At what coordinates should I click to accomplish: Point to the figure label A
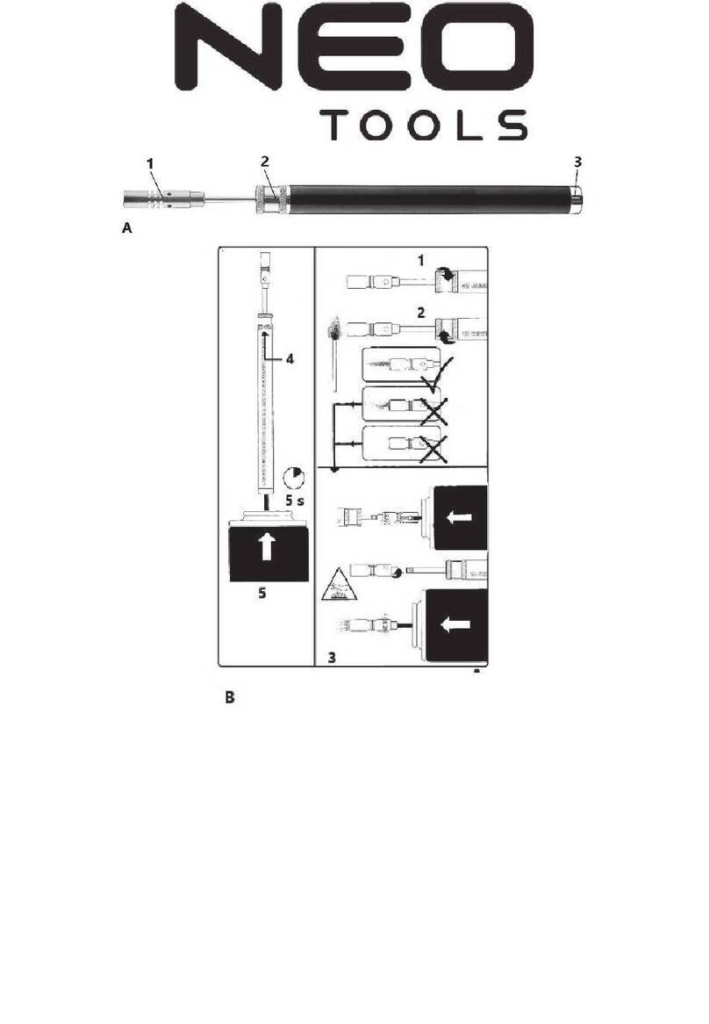pos(127,227)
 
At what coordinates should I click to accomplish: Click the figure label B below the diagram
pos(230,697)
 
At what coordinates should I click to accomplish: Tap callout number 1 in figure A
pos(150,163)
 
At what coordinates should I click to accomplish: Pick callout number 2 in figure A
pos(265,162)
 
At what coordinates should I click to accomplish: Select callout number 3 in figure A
pos(577,162)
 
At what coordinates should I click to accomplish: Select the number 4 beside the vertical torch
pos(290,358)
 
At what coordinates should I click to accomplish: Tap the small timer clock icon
pos(293,478)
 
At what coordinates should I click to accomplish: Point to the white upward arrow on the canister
pos(268,546)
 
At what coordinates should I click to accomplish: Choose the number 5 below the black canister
pos(261,593)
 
